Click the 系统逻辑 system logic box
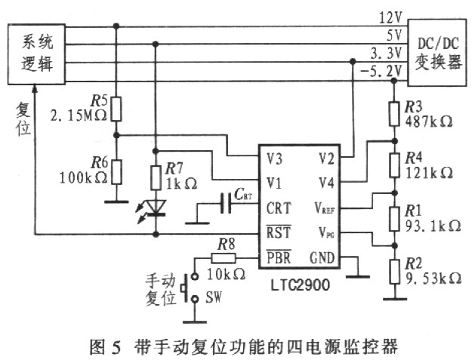[x=36, y=54]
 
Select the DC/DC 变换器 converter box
[x=437, y=53]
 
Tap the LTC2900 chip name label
[x=300, y=285]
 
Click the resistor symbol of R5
[x=116, y=109]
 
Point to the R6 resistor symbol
[x=116, y=172]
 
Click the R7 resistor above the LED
[x=156, y=177]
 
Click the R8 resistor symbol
[x=224, y=258]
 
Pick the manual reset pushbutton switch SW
[x=191, y=288]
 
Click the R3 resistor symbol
[x=394, y=114]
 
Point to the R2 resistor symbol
[x=394, y=271]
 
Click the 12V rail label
[x=390, y=18]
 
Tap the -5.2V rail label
[x=381, y=72]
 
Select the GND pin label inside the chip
[x=322, y=258]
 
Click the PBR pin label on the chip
[x=279, y=257]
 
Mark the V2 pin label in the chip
[x=326, y=158]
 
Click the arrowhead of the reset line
[x=35, y=88]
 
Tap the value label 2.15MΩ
[x=79, y=116]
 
